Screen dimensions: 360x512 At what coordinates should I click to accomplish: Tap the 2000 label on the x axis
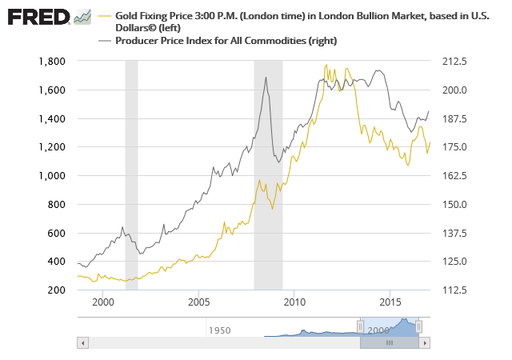(103, 302)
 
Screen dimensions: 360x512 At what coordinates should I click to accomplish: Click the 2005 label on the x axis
(198, 302)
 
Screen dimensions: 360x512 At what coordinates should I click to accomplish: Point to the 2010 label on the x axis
(294, 302)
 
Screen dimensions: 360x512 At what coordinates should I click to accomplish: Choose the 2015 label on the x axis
(390, 302)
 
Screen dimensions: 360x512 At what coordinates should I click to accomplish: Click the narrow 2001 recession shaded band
(131, 176)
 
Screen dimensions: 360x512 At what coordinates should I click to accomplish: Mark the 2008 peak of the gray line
(266, 77)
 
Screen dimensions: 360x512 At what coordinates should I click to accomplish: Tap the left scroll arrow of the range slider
(82, 342)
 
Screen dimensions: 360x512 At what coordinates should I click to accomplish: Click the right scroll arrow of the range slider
(426, 342)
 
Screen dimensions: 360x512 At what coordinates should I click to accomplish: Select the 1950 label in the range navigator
(219, 330)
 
